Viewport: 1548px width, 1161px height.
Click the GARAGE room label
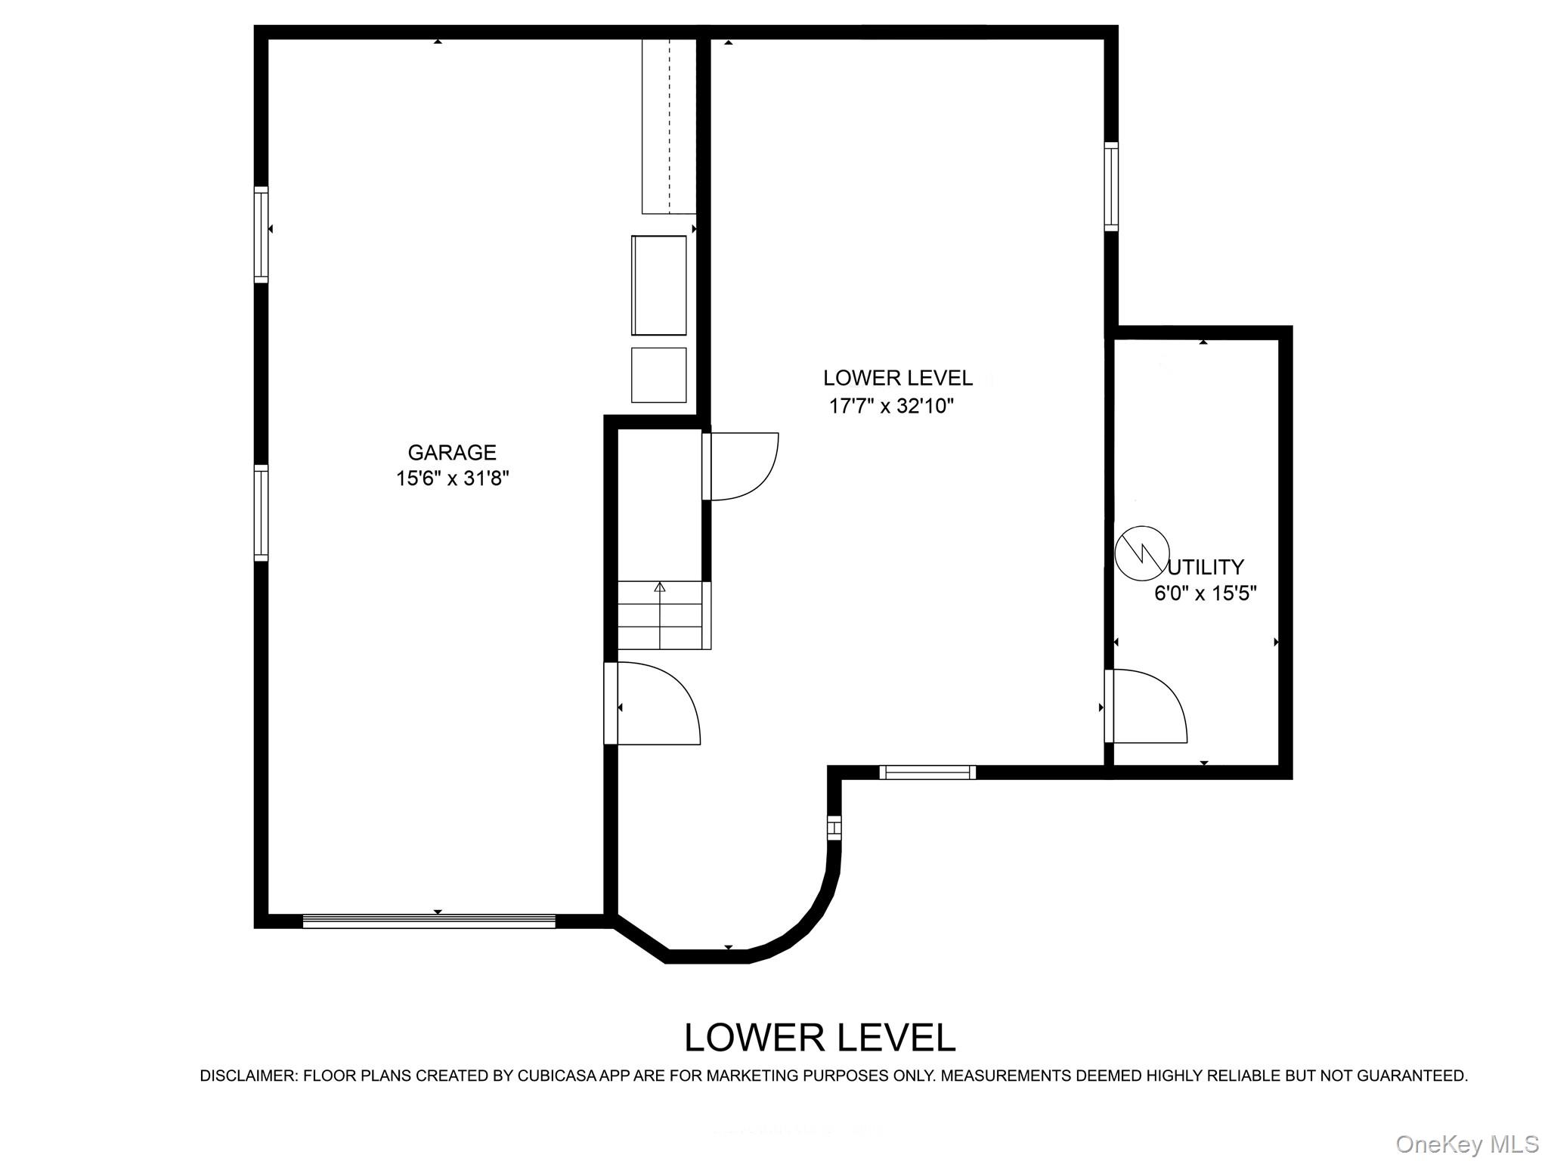point(452,452)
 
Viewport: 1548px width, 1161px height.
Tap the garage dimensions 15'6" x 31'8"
point(453,478)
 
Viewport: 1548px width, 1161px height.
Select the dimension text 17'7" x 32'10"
point(891,407)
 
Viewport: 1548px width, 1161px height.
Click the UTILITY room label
point(1206,567)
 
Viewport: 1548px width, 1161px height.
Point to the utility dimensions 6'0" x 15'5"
point(1205,593)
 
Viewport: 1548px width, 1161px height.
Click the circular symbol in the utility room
point(1141,553)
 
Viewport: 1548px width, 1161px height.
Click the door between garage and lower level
point(654,704)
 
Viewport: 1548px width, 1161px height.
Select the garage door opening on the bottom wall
point(429,921)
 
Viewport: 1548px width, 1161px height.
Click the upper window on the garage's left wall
point(261,234)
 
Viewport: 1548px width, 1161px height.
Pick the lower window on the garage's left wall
point(261,512)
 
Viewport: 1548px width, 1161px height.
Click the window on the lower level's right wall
point(1110,186)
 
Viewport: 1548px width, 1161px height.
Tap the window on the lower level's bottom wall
point(927,772)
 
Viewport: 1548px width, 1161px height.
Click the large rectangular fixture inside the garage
point(658,285)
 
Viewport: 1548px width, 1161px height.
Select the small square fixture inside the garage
point(658,375)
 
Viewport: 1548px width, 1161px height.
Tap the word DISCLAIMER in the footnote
point(248,1076)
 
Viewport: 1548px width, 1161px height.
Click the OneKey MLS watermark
point(1466,1144)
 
